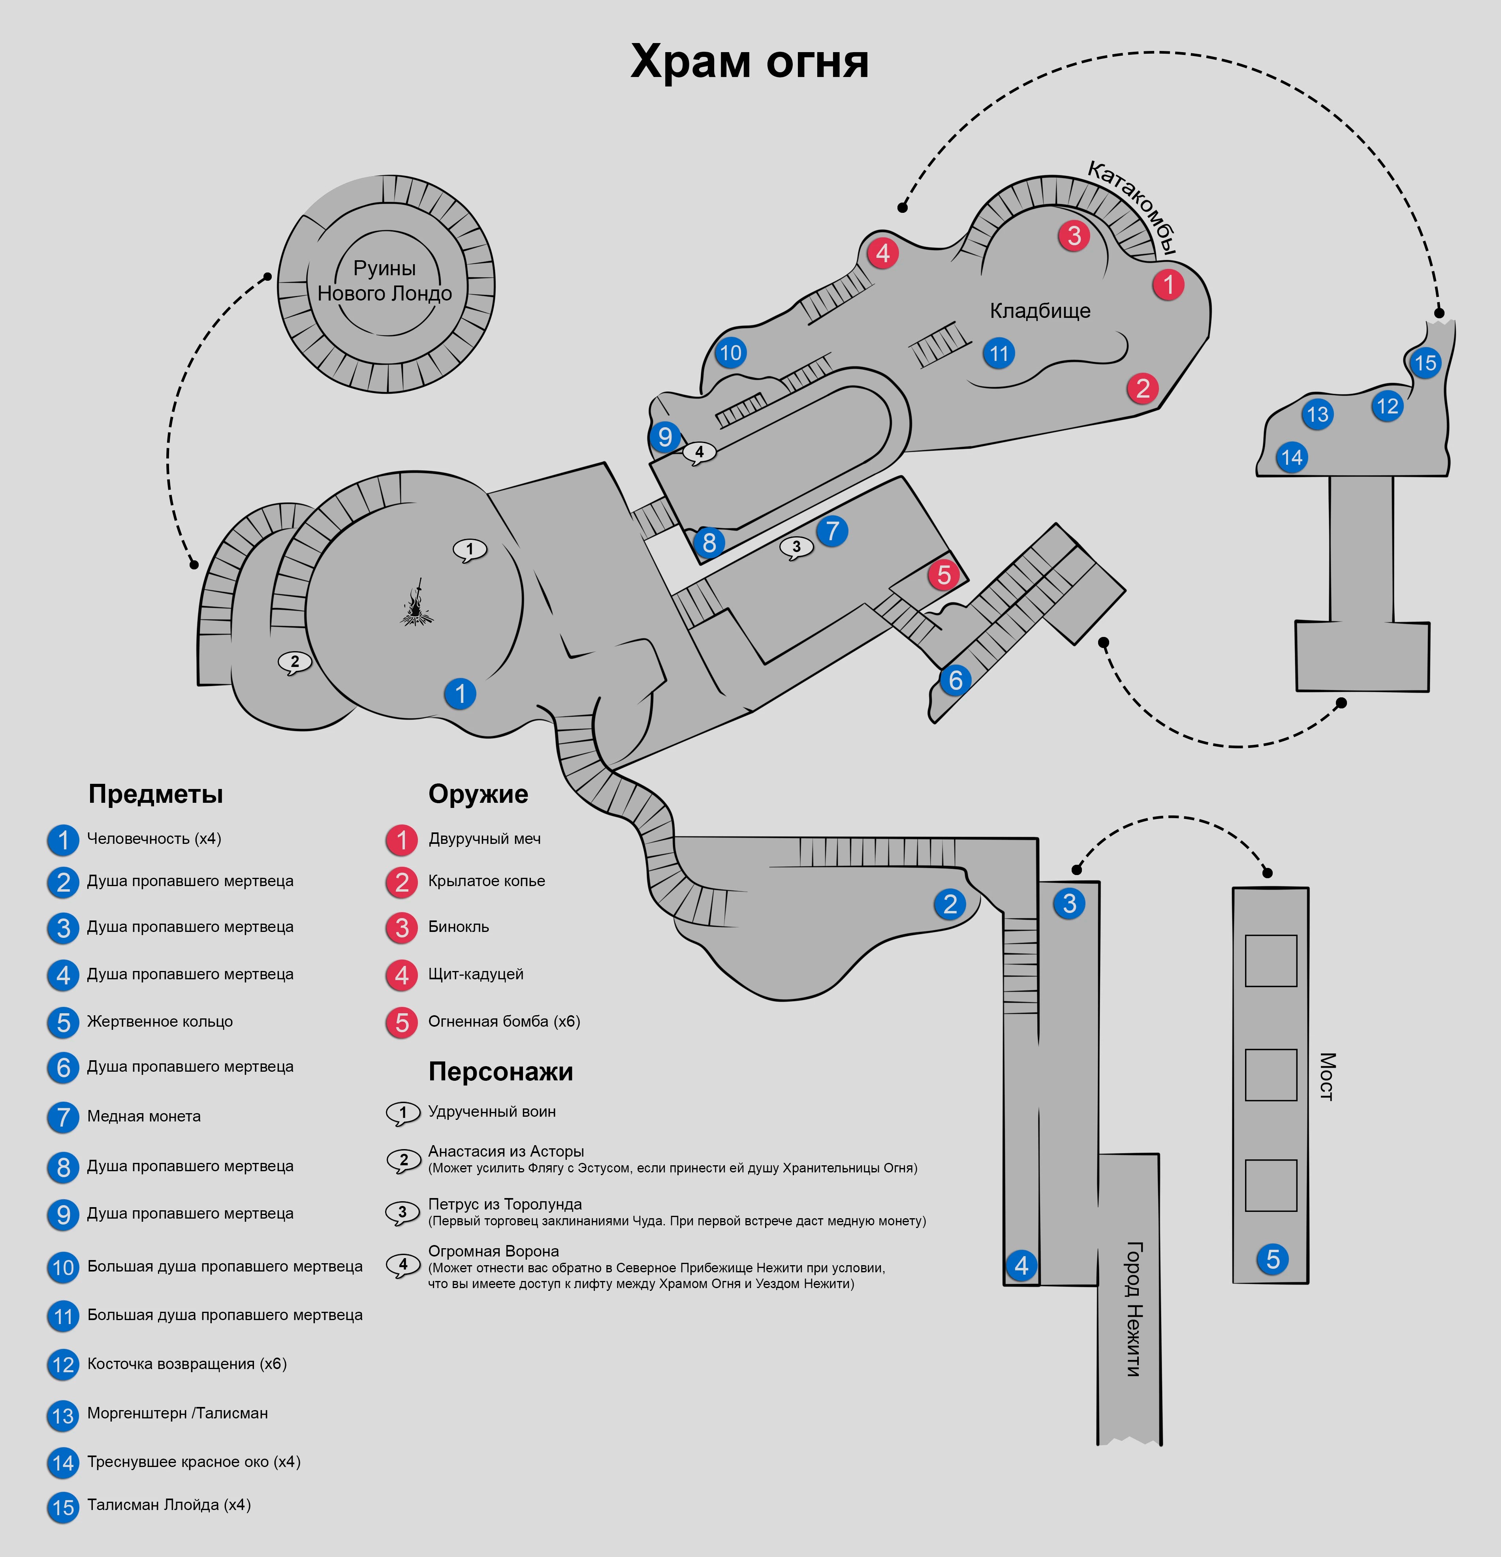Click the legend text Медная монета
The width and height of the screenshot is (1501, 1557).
[x=144, y=1116]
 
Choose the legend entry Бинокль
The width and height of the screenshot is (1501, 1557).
[x=459, y=926]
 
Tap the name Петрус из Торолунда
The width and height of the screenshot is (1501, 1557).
[x=504, y=1204]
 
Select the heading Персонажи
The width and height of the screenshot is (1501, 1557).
[x=500, y=1072]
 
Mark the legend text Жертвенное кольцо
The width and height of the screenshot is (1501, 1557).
[x=160, y=1022]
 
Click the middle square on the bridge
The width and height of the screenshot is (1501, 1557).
[x=1271, y=1075]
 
